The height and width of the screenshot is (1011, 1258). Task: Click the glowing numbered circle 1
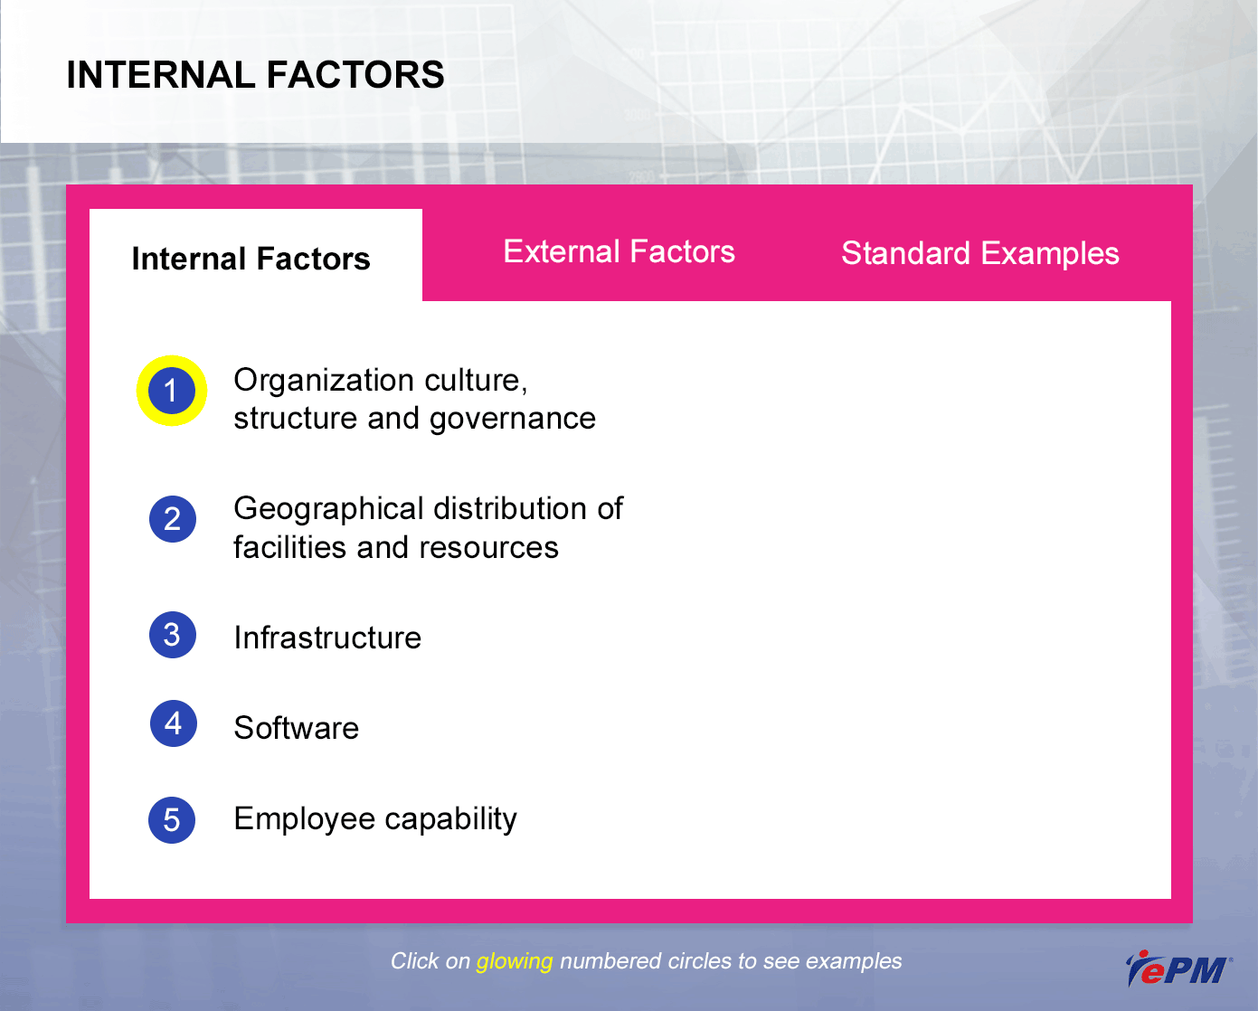171,391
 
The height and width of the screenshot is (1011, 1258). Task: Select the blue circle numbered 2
173,519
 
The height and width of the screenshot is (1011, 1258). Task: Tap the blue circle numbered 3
173,635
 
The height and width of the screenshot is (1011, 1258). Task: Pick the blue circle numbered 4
173,723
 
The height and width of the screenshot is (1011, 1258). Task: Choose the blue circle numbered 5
172,820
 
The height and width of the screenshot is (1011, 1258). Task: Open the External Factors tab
620,251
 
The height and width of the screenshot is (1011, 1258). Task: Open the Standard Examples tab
980,254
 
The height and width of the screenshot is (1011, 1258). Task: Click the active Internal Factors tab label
251,259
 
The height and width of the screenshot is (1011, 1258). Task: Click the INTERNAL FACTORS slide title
255,75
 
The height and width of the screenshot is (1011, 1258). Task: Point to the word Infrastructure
327,638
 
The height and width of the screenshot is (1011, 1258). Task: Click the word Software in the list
297,728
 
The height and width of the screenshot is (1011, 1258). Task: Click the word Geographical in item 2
328,509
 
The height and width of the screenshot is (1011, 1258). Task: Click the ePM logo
1178,968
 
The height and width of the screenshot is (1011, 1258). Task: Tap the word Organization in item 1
324,381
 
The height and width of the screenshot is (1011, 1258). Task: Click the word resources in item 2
488,549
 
